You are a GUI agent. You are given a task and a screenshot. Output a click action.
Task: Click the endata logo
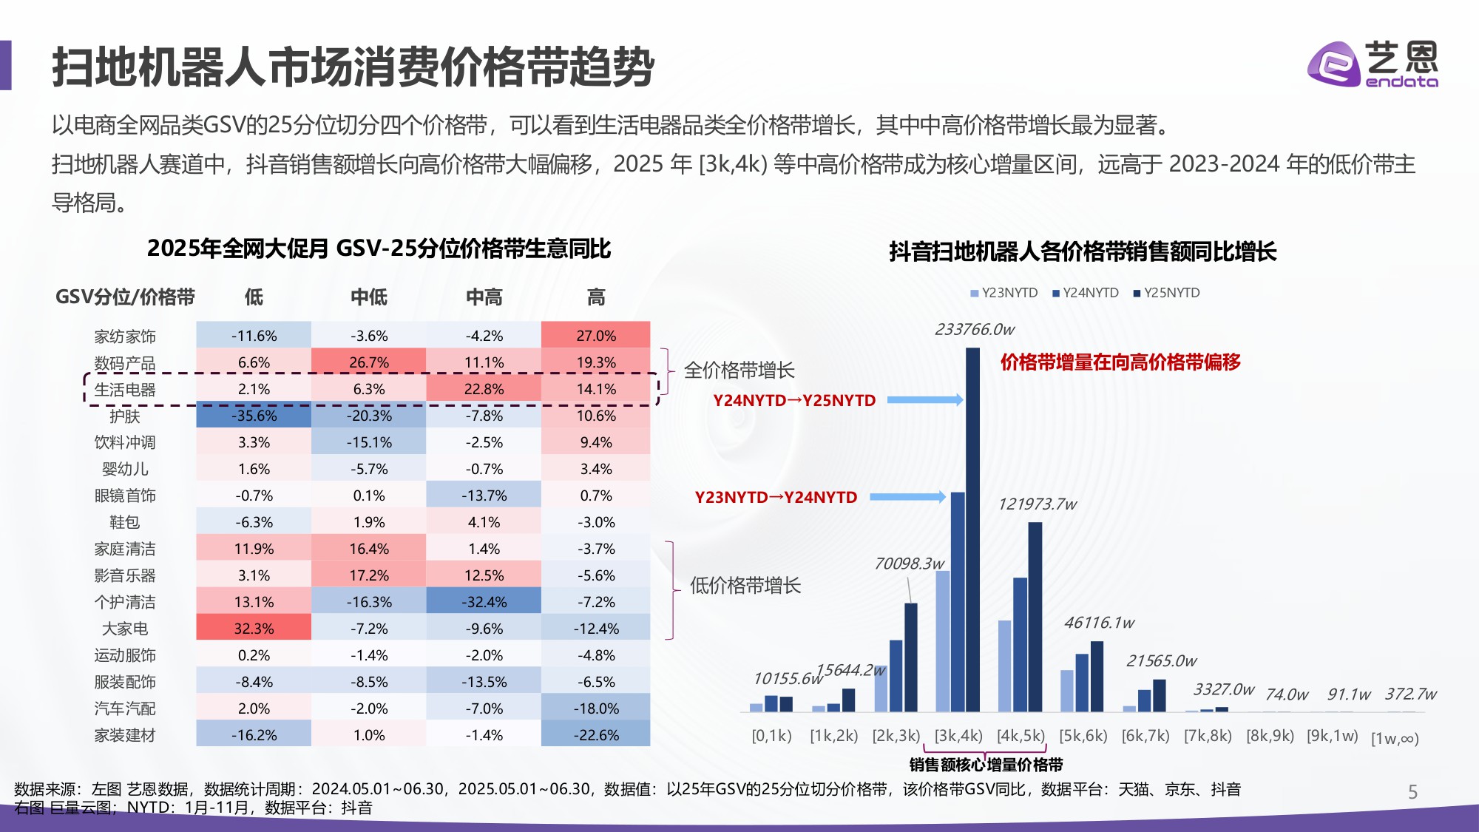(x=1372, y=64)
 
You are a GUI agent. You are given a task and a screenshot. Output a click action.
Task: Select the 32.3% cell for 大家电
(x=254, y=628)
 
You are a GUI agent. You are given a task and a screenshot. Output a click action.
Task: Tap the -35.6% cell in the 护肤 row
(x=254, y=416)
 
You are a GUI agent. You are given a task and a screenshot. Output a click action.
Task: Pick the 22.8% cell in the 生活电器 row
(x=484, y=389)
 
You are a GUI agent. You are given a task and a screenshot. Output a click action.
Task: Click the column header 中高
(x=484, y=297)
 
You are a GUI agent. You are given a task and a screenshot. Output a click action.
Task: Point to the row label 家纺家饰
(x=125, y=336)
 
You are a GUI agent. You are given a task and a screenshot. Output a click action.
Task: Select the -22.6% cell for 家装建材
(x=596, y=734)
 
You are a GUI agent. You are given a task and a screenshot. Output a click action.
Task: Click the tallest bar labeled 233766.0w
(x=972, y=529)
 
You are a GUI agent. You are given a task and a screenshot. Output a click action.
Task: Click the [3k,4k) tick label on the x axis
(x=958, y=736)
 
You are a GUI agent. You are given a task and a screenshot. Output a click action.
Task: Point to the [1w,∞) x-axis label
(x=1395, y=738)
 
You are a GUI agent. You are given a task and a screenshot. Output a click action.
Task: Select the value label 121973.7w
(x=1037, y=504)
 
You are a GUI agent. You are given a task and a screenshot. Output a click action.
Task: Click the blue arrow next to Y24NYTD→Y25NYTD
(x=924, y=400)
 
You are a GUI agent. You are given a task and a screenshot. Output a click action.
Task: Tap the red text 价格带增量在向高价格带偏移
(x=1120, y=362)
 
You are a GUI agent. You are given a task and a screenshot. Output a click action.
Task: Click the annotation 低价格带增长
(x=745, y=586)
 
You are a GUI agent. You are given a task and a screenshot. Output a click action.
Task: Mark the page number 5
(x=1412, y=792)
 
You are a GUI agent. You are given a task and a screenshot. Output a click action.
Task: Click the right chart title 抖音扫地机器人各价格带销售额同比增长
(x=1083, y=251)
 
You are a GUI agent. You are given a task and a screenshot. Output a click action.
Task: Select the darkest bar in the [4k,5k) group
(x=1035, y=617)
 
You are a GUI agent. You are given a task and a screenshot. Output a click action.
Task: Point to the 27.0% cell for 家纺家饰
(x=596, y=335)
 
